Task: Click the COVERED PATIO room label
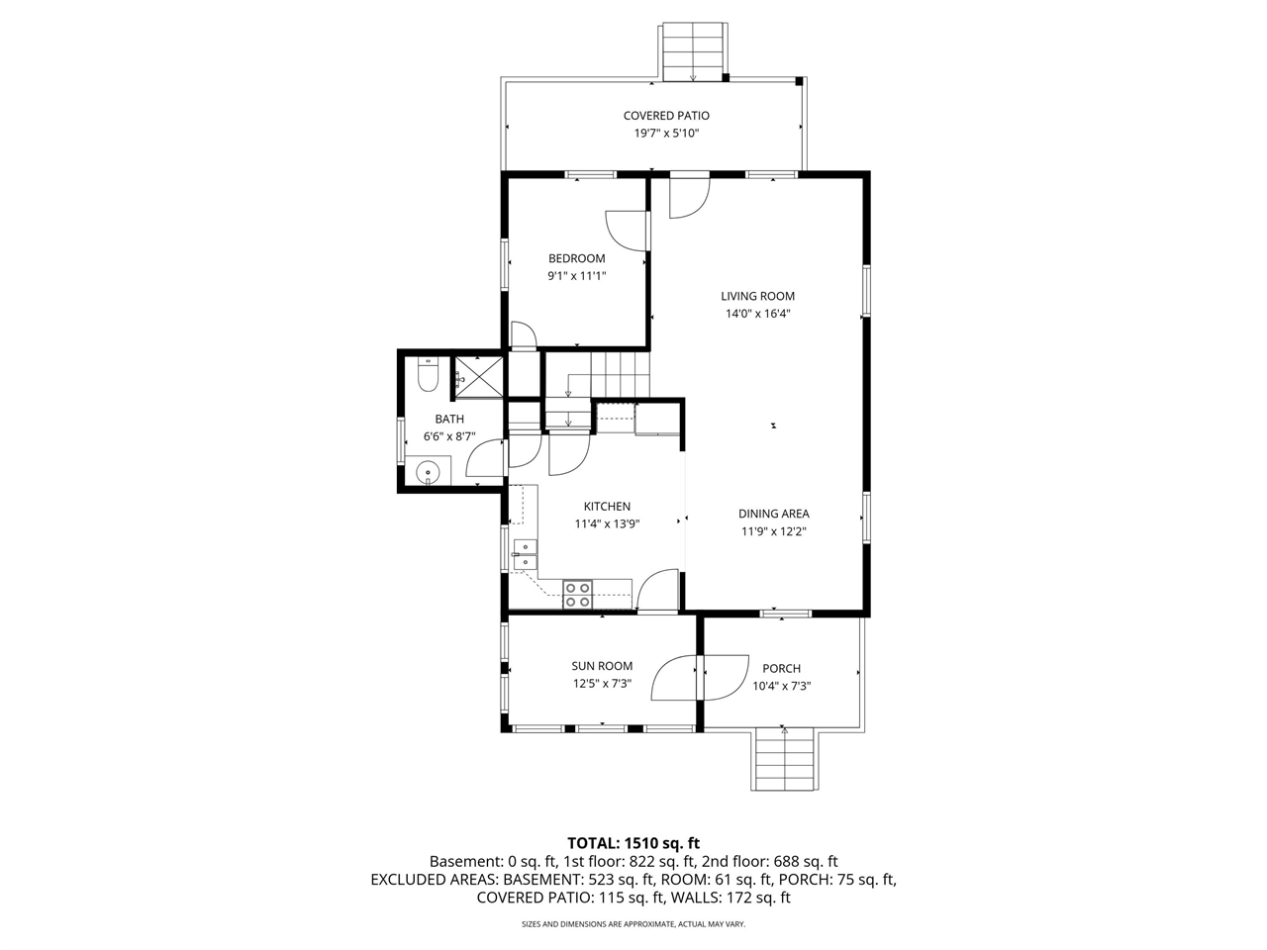point(666,116)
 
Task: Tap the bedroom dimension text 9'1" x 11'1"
point(576,277)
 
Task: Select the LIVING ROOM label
point(757,296)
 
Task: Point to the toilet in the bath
point(428,376)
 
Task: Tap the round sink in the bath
point(428,472)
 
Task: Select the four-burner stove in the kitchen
point(578,595)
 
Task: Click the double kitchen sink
point(525,554)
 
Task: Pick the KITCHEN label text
point(607,507)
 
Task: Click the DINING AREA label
point(773,514)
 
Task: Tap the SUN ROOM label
point(602,666)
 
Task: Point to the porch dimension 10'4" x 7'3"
point(781,687)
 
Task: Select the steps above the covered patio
point(692,51)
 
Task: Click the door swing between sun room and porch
point(698,678)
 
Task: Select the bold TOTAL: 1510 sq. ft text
point(633,843)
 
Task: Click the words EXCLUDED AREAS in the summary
point(435,879)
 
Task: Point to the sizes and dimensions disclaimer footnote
point(633,924)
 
